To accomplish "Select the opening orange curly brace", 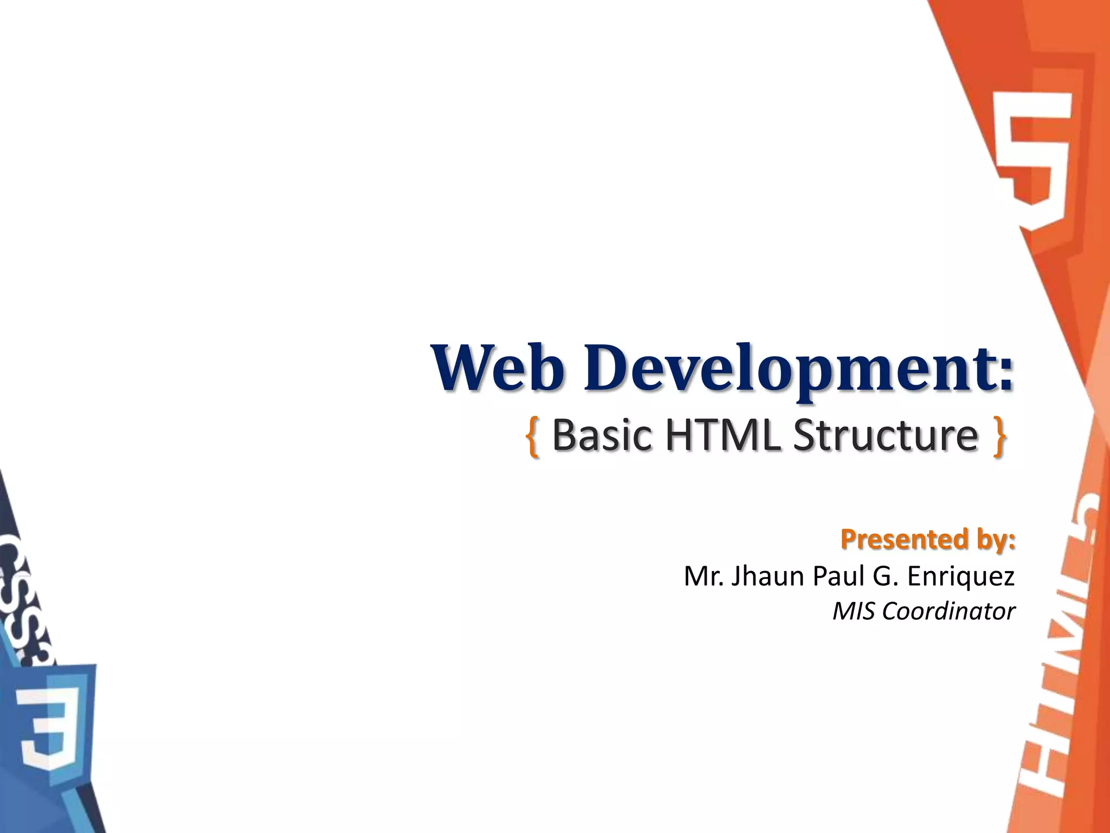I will [x=532, y=437].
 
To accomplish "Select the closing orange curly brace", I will [x=999, y=437].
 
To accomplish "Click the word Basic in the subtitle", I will [x=602, y=435].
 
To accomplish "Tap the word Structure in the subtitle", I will [x=886, y=435].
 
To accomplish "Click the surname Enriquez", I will [x=960, y=577].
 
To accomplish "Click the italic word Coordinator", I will [x=948, y=611].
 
